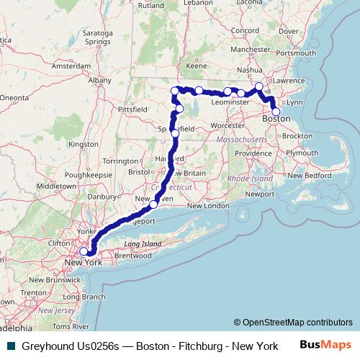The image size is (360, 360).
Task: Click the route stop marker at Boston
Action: (x=276, y=112)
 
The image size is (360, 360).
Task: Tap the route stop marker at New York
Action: (x=84, y=251)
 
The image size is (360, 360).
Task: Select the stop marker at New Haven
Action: (x=153, y=205)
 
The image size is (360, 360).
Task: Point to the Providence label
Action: (x=252, y=153)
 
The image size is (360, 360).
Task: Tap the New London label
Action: (x=208, y=206)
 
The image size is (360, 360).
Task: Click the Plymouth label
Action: (x=302, y=153)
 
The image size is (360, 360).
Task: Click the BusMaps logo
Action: (x=325, y=346)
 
